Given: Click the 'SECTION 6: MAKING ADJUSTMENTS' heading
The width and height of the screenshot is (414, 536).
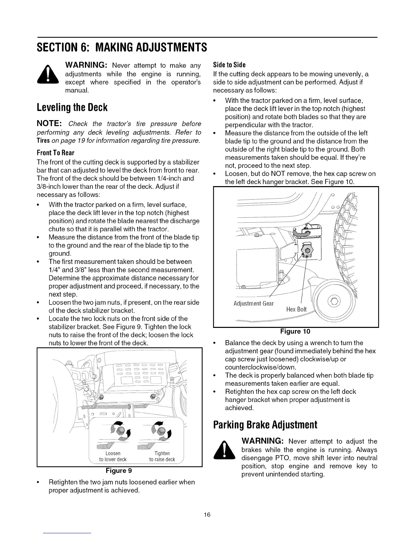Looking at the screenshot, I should [122, 47].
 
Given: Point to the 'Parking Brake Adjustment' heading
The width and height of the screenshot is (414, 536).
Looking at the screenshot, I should [265, 425].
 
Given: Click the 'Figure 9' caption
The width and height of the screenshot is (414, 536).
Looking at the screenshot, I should [119, 471].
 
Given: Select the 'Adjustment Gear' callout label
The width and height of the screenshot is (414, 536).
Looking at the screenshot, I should [253, 303].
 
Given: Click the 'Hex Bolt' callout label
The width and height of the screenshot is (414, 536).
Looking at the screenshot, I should [296, 309].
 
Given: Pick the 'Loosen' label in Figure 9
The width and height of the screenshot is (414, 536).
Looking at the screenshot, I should [113, 453].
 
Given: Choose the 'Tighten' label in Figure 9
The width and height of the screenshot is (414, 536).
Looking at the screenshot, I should [162, 453].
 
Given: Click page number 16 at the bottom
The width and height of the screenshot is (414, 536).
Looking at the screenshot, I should [207, 515].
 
